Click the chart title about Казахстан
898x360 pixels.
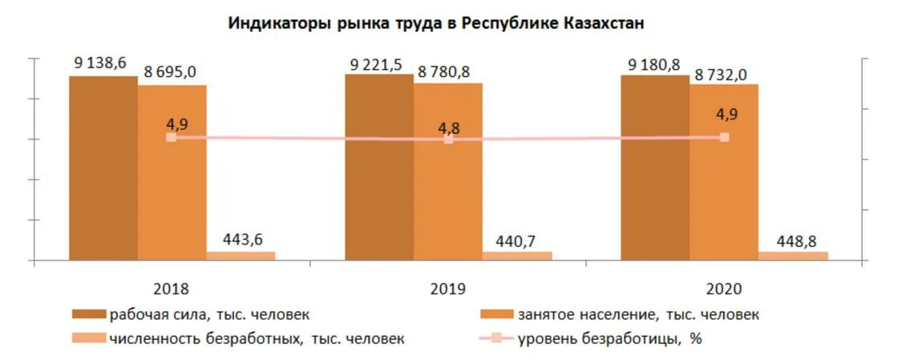(x=436, y=24)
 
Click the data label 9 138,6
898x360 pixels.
(x=100, y=64)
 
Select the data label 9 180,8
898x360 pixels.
(x=653, y=64)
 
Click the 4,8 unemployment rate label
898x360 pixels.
(x=448, y=127)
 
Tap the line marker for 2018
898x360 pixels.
(x=171, y=138)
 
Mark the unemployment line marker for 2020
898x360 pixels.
(x=724, y=137)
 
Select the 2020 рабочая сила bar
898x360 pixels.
(x=654, y=168)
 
